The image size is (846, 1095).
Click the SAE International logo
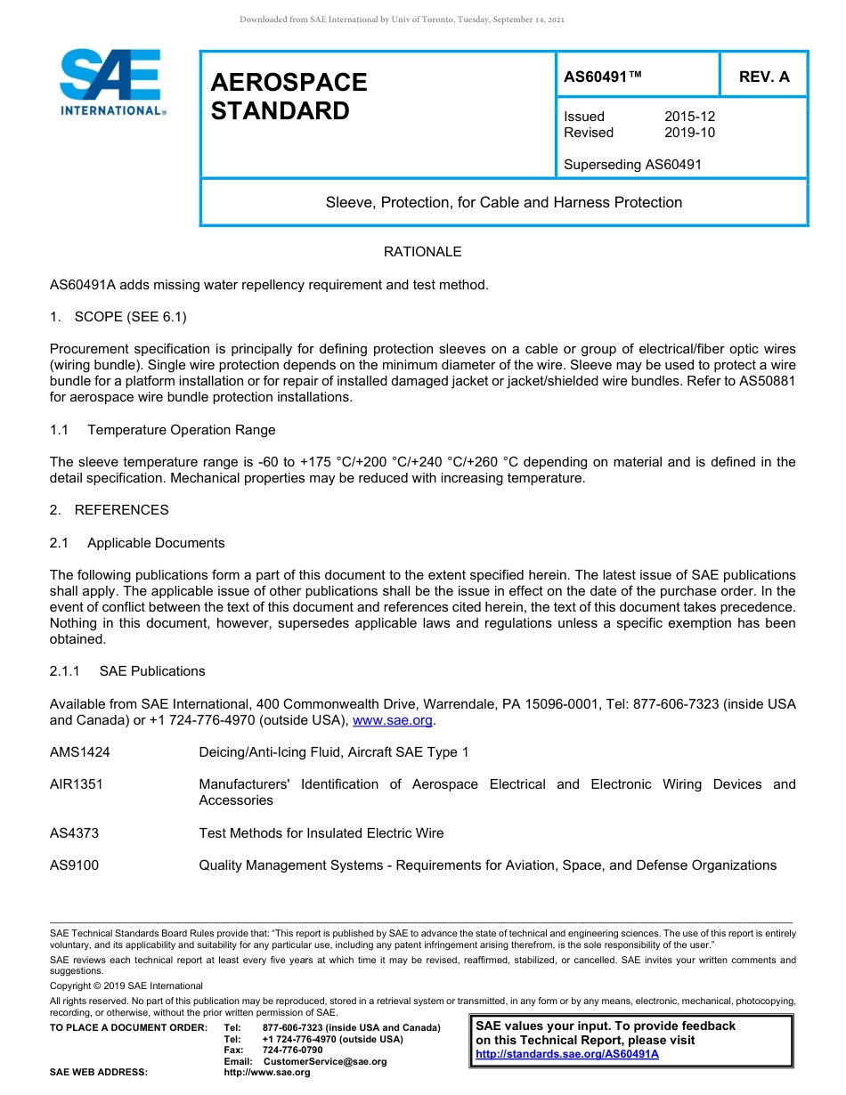point(110,82)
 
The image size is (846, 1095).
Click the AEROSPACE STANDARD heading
point(289,96)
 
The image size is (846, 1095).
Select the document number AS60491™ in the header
point(603,77)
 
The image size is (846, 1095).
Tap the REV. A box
point(763,77)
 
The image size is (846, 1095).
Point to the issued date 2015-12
point(689,117)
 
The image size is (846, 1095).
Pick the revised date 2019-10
point(689,133)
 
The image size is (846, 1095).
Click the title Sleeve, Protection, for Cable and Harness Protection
point(503,202)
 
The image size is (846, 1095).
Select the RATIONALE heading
point(422,252)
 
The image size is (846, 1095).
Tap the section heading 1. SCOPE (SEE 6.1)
point(118,317)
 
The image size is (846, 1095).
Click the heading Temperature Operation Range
point(181,430)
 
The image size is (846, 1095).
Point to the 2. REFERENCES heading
point(110,510)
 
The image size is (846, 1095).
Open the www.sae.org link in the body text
point(393,720)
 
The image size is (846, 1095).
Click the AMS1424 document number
point(80,752)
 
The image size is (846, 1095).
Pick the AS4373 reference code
point(74,833)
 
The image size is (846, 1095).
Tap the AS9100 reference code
point(74,865)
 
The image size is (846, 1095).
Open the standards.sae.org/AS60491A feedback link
point(567,1054)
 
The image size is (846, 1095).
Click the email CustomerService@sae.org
point(325,1061)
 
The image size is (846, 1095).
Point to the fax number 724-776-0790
point(292,1050)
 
